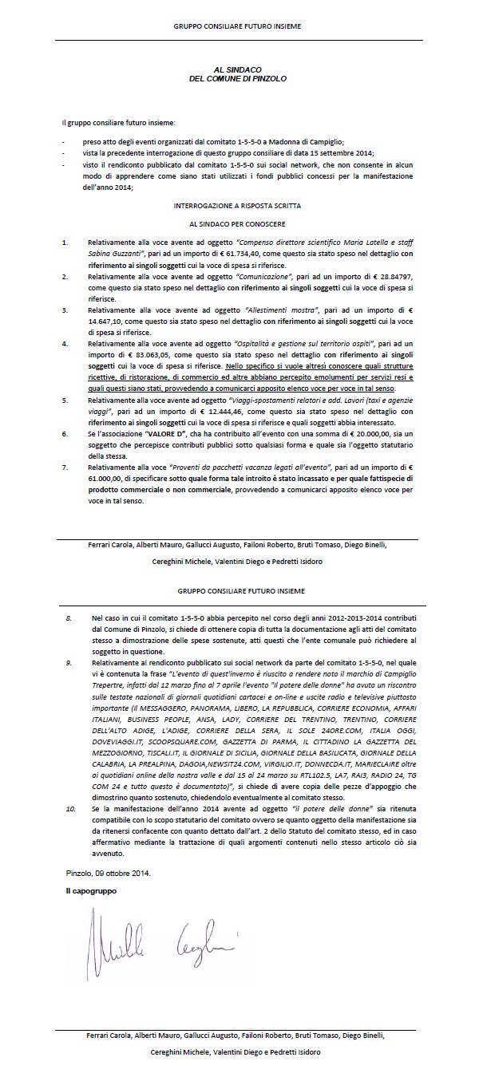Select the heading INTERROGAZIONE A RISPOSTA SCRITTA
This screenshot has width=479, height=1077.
[239, 205]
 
